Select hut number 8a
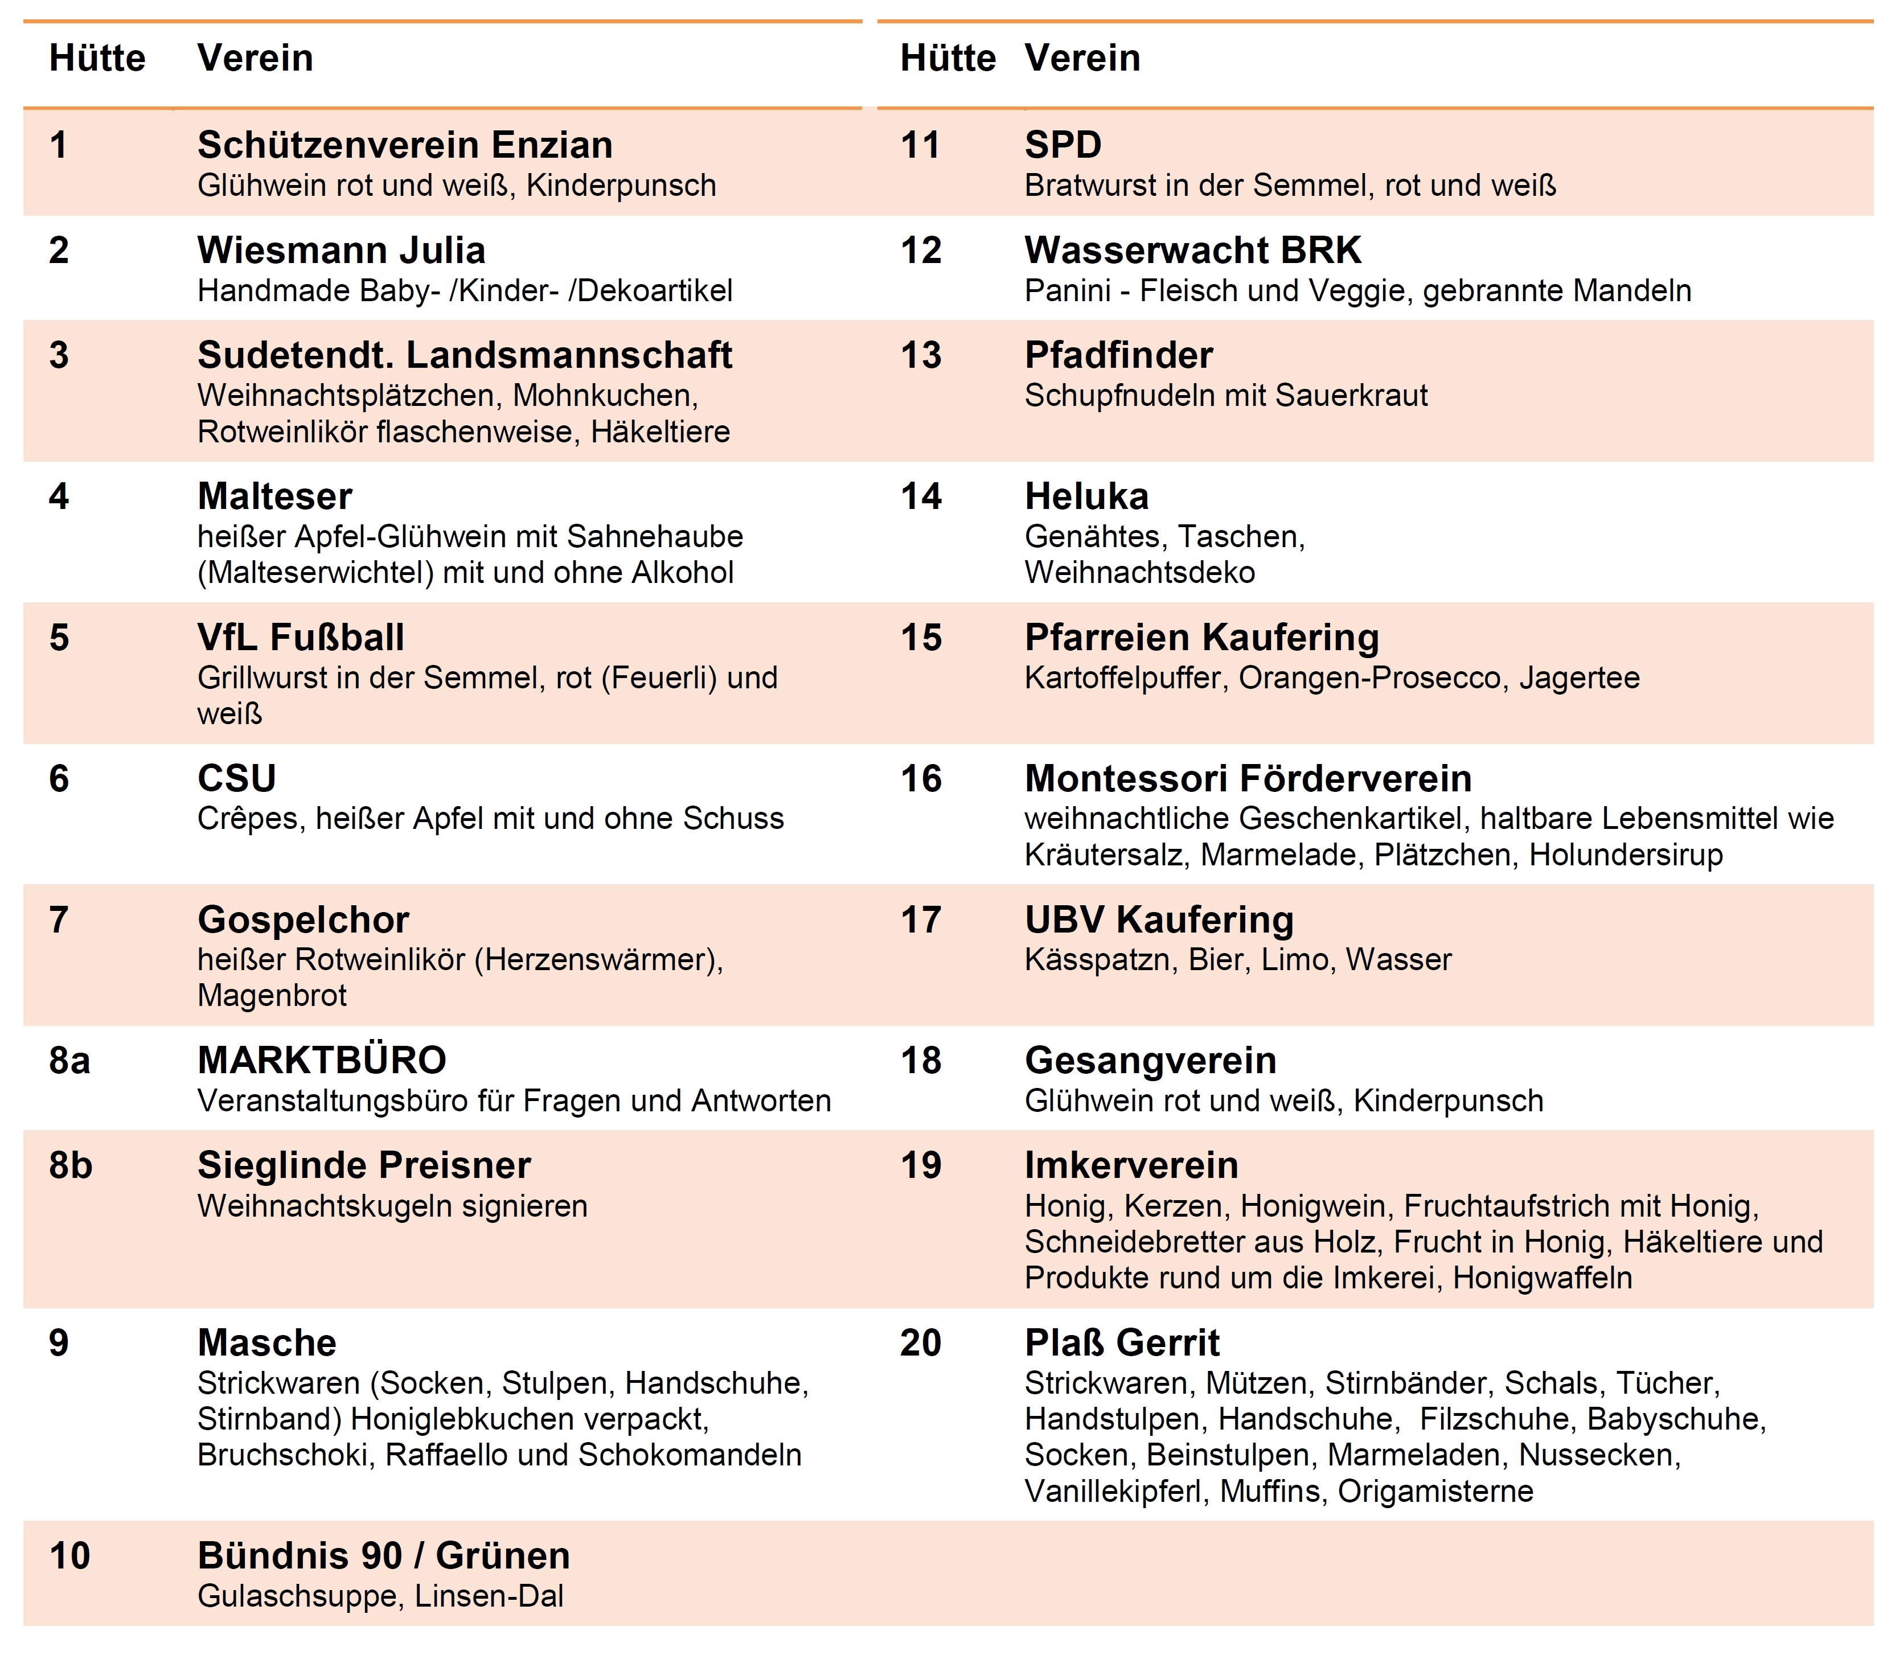coord(69,1061)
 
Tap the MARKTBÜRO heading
coord(321,1061)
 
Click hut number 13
coord(921,356)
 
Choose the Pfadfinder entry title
coord(1118,356)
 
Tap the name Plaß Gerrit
coord(1121,1342)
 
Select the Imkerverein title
coord(1130,1166)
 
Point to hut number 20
coord(921,1342)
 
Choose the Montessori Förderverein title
coord(1247,779)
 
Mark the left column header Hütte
coord(97,58)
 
